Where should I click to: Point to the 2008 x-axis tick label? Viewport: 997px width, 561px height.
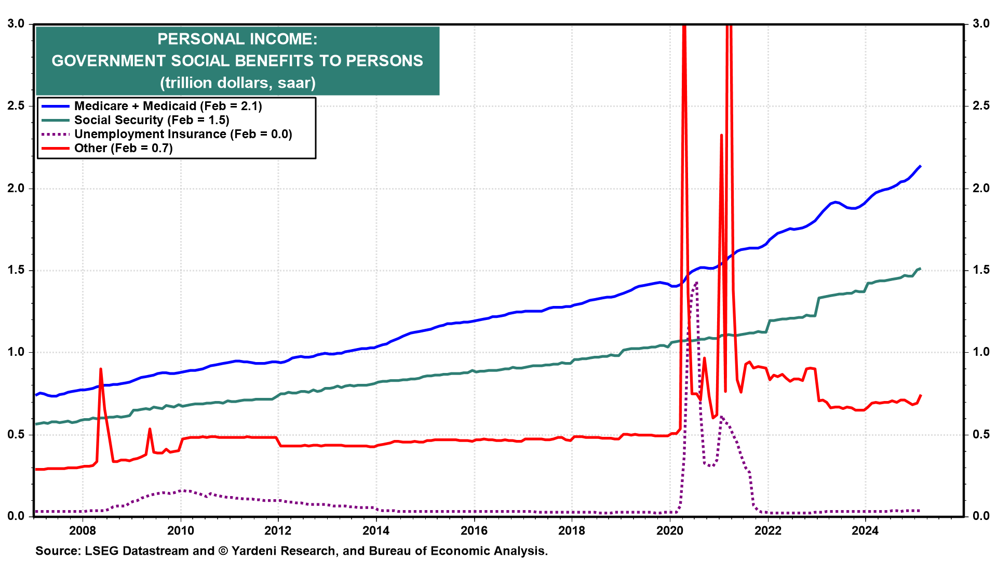[x=83, y=530]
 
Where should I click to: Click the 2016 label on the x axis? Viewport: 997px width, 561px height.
[x=474, y=530]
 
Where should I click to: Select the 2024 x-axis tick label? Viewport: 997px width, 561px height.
[x=865, y=530]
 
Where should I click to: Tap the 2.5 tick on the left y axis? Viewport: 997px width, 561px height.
[x=16, y=106]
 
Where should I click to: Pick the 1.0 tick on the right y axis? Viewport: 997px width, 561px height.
[x=981, y=352]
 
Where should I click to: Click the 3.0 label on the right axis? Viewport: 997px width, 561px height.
[x=981, y=24]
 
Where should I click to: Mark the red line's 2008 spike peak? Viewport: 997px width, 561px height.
[x=100, y=369]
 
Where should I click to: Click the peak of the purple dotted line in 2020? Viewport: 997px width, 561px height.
[x=696, y=283]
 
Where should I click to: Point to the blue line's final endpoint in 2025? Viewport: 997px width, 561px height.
[x=920, y=166]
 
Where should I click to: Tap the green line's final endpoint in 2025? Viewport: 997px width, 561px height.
[x=920, y=269]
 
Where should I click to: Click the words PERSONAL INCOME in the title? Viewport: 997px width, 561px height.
[x=237, y=39]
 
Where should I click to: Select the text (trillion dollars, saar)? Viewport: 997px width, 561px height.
[x=237, y=83]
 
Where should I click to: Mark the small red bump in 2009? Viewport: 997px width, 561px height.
[x=150, y=429]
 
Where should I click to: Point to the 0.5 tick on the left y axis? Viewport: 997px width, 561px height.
[x=16, y=434]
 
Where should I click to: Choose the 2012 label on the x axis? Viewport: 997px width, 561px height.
[x=278, y=530]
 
